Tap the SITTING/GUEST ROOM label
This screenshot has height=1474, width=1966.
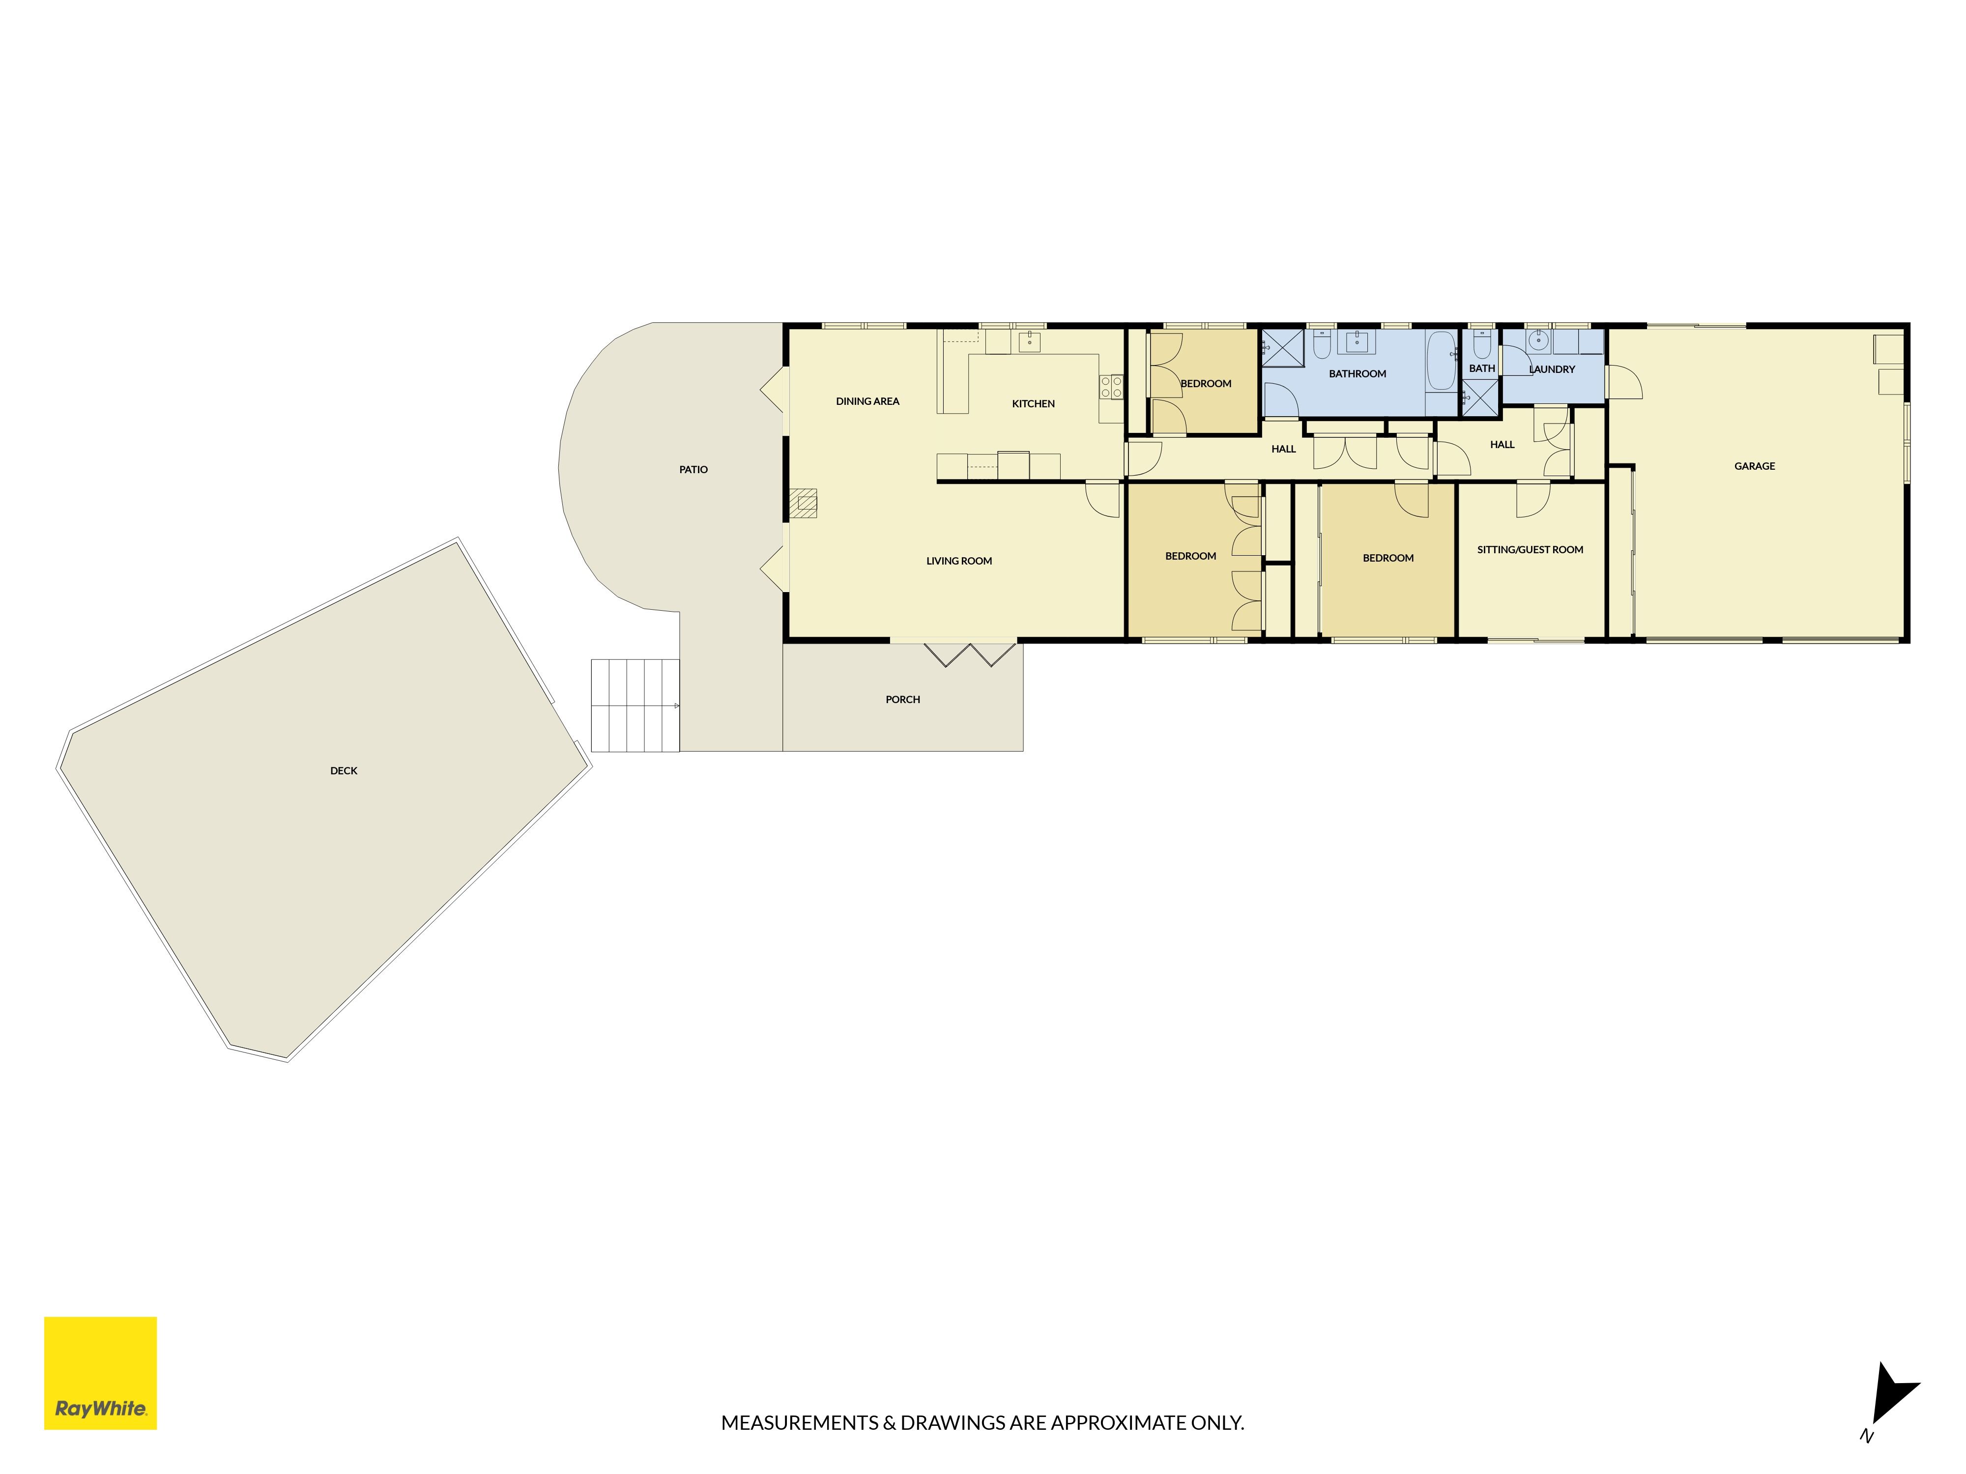[1530, 550]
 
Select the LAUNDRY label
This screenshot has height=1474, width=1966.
[1552, 368]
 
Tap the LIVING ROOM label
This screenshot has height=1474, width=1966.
[959, 561]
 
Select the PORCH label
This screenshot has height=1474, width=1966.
[902, 699]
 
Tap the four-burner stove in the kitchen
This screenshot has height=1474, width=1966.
[1111, 387]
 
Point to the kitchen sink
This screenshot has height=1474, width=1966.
[1029, 341]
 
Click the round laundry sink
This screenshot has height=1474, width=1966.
[1537, 340]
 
